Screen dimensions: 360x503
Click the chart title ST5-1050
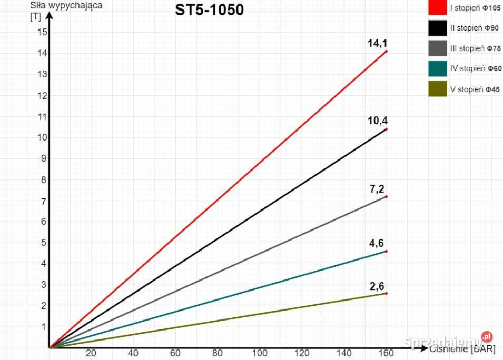pyautogui.click(x=210, y=10)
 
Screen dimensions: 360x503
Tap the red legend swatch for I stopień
pyautogui.click(x=437, y=8)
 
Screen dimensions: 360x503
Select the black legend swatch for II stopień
pyautogui.click(x=437, y=28)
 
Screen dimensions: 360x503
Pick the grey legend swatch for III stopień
pyautogui.click(x=437, y=48)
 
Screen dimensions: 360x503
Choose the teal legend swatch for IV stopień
pyautogui.click(x=437, y=68)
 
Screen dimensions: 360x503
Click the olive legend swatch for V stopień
pyautogui.click(x=437, y=89)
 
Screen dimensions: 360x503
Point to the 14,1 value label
pyautogui.click(x=377, y=43)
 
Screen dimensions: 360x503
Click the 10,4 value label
pyautogui.click(x=377, y=121)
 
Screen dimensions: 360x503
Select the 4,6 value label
pyautogui.click(x=377, y=243)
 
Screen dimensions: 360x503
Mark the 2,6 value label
pyautogui.click(x=377, y=286)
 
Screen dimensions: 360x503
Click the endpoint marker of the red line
pyautogui.click(x=386, y=51)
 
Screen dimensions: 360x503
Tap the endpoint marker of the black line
pyautogui.click(x=386, y=129)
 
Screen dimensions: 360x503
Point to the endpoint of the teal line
pyautogui.click(x=386, y=251)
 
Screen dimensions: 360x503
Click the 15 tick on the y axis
pyautogui.click(x=42, y=32)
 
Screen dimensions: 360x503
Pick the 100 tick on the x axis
pyautogui.click(x=259, y=354)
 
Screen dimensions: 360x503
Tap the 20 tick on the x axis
pyautogui.click(x=91, y=354)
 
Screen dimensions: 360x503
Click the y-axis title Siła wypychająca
pyautogui.click(x=66, y=6)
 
